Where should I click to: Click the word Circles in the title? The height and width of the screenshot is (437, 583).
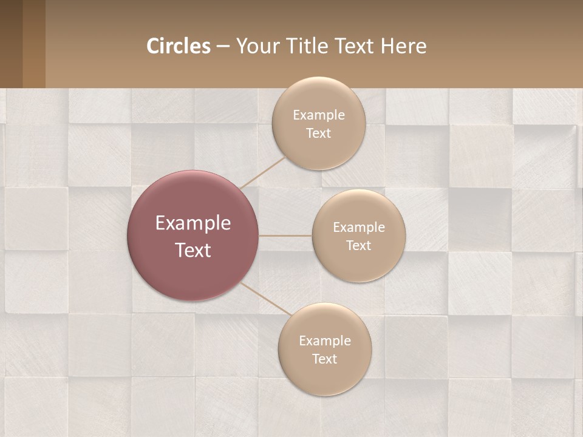179,46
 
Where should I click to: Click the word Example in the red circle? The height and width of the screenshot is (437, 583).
193,223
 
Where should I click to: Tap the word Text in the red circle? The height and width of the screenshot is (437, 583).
193,250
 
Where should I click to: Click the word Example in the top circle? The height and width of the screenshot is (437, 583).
319,115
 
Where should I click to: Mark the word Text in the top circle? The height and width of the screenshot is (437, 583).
319,134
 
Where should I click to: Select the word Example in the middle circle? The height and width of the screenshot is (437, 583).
359,228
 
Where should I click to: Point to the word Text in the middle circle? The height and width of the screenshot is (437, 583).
359,246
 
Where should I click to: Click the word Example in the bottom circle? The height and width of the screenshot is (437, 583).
325,341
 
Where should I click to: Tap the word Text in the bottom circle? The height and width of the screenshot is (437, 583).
325,359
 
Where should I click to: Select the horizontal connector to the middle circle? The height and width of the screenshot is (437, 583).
285,235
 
